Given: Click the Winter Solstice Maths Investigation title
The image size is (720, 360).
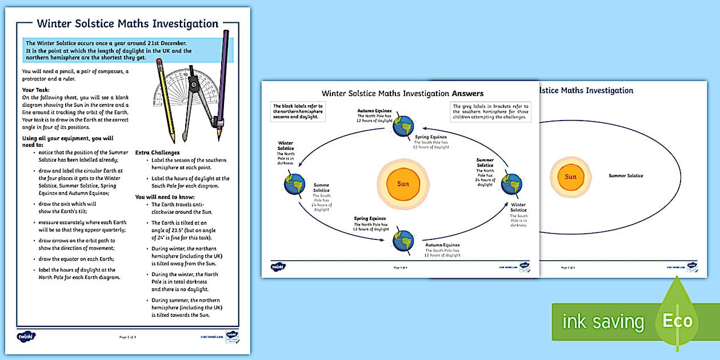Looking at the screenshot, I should pos(127,24).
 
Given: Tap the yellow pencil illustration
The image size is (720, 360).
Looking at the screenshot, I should pos(166,103).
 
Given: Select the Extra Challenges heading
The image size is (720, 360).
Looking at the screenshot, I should pos(157,153).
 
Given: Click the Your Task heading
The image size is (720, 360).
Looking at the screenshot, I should pos(35,90).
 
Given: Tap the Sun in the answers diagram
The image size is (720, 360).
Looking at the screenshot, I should pos(403,184).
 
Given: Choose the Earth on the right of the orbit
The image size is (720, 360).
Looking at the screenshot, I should pos(511,184).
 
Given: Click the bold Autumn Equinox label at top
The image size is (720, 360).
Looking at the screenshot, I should pos(375,111).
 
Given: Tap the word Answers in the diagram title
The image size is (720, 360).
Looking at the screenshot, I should pos(468,93).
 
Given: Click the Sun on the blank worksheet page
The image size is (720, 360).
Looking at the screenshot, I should pos(570,177).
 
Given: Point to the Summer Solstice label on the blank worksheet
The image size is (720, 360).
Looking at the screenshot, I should pos(626,175).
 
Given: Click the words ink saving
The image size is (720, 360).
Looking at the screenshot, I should pos(603,322).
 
